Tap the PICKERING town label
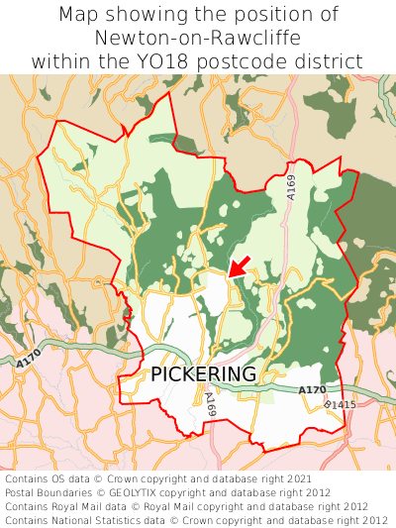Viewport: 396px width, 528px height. (x=204, y=374)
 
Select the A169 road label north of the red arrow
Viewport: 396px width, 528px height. (x=291, y=187)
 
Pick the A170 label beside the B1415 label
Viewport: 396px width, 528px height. (x=312, y=390)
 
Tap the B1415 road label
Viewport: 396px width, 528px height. (x=339, y=405)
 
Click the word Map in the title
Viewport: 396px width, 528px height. (x=80, y=15)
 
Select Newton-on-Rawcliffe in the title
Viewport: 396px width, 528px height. (x=198, y=38)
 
